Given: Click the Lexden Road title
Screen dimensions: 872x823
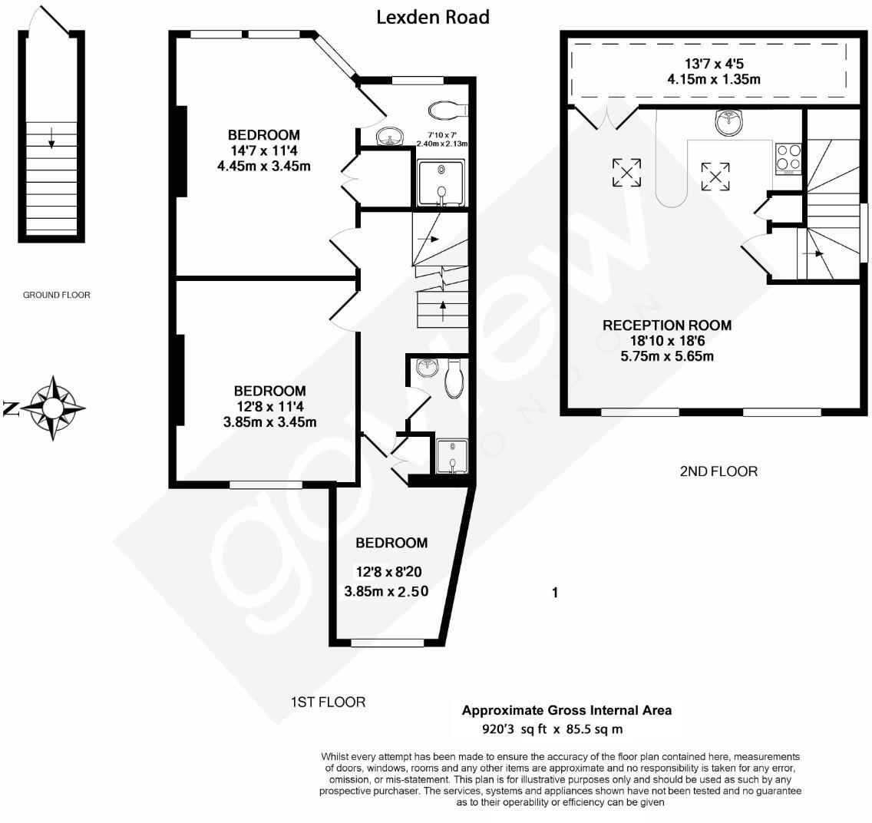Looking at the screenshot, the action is coord(433,17).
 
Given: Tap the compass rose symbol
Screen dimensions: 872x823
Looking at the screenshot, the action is coord(53,408).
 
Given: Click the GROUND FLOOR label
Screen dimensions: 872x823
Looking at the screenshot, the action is coord(56,295).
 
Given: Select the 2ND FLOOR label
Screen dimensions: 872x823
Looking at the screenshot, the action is coord(718,471).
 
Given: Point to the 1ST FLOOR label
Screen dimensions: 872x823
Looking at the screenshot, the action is coord(328,702).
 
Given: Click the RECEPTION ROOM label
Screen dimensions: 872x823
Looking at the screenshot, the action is coord(667,326).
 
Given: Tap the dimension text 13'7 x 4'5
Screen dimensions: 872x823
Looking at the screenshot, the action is coord(714,64).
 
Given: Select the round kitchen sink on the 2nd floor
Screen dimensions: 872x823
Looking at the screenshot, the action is coord(728,122).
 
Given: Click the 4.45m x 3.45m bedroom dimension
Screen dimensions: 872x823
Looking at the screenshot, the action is coord(263,166).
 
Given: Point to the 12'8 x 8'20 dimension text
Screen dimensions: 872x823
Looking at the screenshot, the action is coord(389,572).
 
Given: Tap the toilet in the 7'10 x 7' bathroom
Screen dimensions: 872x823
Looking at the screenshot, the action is coord(448,111).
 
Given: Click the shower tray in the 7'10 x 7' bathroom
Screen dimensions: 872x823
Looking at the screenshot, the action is coord(441,183).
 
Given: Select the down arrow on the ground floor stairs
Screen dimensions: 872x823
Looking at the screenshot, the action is coord(51,137).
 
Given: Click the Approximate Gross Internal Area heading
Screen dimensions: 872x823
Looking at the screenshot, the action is coord(566,710).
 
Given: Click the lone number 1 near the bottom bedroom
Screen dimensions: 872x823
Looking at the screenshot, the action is coord(554,593).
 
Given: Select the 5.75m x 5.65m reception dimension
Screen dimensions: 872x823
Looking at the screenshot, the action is coord(667,356).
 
